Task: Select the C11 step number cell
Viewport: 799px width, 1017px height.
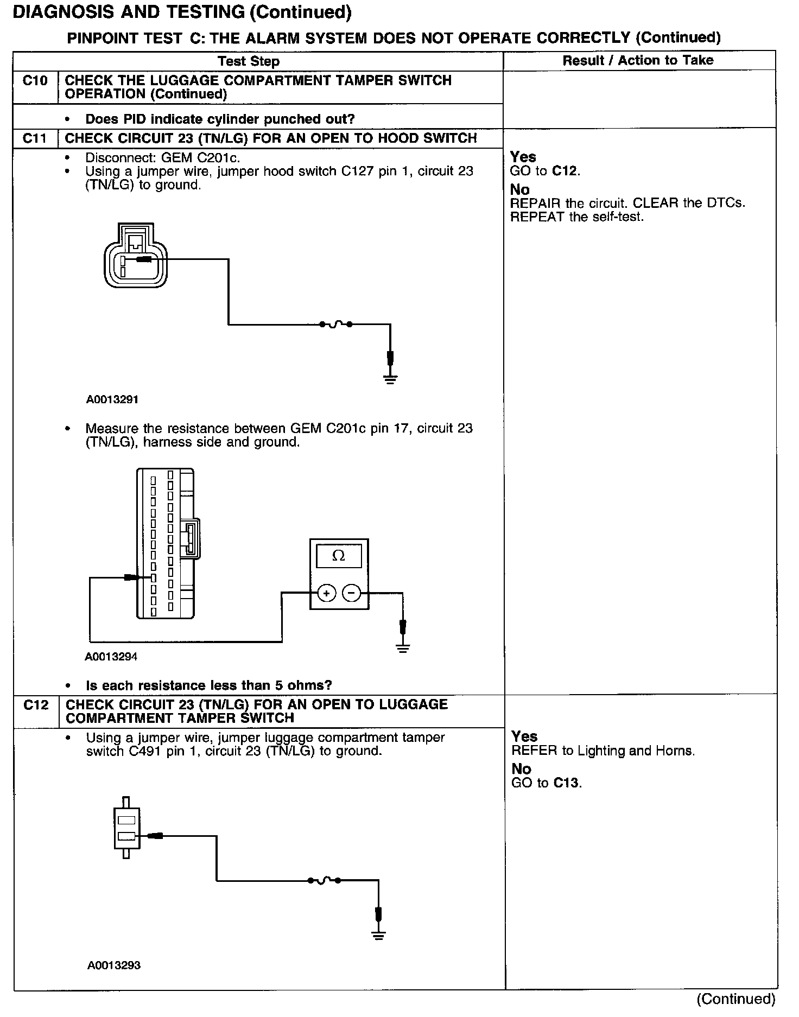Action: click(35, 138)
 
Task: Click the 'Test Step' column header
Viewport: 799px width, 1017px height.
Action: click(249, 61)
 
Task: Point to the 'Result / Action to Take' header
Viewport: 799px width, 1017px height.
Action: click(638, 60)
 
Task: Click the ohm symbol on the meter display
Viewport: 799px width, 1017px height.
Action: click(339, 556)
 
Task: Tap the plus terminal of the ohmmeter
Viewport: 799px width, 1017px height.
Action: click(326, 594)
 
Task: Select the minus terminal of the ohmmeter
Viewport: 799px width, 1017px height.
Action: click(352, 594)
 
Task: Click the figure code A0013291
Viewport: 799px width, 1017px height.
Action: click(112, 400)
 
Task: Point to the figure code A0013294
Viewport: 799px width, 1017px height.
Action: click(111, 657)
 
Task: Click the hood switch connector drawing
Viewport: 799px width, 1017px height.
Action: click(135, 255)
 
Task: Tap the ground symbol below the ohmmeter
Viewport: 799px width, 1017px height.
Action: click(402, 647)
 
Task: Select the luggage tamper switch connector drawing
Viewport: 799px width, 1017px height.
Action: click(126, 828)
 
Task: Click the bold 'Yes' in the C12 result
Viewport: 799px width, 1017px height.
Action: click(524, 736)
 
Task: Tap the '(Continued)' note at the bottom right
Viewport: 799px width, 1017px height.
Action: click(735, 999)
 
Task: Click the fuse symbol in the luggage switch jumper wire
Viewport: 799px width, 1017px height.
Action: click(324, 880)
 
